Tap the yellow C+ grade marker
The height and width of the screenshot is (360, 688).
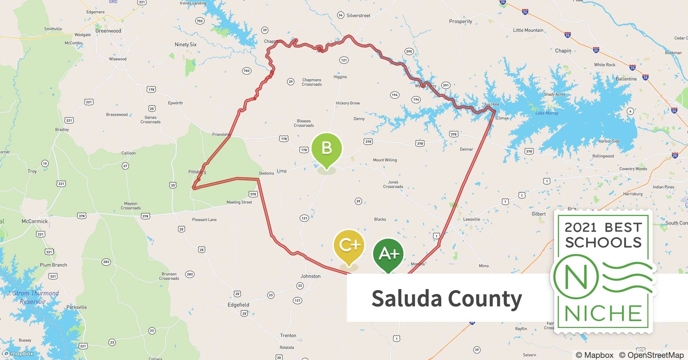[x=349, y=246]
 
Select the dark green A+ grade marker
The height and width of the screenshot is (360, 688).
[x=388, y=254]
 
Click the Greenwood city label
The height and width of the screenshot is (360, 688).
[x=108, y=31]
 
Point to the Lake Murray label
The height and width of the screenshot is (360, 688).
[x=547, y=113]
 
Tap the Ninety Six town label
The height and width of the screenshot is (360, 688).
[x=186, y=45]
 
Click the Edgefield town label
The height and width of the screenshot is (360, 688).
[x=238, y=305]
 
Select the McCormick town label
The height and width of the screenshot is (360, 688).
[x=35, y=221]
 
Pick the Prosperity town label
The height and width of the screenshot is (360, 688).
[x=460, y=22]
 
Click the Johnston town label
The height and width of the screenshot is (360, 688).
[x=311, y=276]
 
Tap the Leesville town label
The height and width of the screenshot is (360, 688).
[x=472, y=219]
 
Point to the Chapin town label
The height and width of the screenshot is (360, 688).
[x=563, y=51]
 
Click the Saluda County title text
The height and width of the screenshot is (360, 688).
[x=447, y=299]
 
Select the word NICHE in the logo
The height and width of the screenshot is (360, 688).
[x=603, y=313]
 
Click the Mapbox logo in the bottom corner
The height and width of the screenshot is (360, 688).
[x=18, y=354]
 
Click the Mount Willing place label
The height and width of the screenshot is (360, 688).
[x=385, y=160]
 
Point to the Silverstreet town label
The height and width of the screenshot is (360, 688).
[x=358, y=15]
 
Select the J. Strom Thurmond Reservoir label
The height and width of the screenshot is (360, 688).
[x=33, y=297]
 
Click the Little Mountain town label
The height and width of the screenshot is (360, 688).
[x=528, y=30]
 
